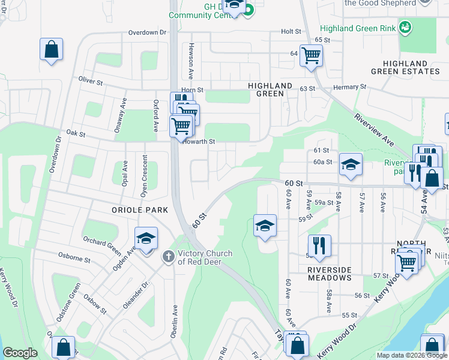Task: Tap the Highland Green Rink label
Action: point(358,28)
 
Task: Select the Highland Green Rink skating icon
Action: point(406,26)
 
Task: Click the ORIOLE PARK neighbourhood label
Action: point(139,210)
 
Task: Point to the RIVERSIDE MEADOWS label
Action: point(329,274)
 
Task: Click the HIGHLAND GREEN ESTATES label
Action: point(405,67)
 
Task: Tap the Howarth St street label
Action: point(199,142)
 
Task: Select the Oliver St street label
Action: point(92,79)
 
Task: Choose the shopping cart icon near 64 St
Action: point(311,56)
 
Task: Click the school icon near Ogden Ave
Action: point(146,238)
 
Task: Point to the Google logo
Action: point(21,353)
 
